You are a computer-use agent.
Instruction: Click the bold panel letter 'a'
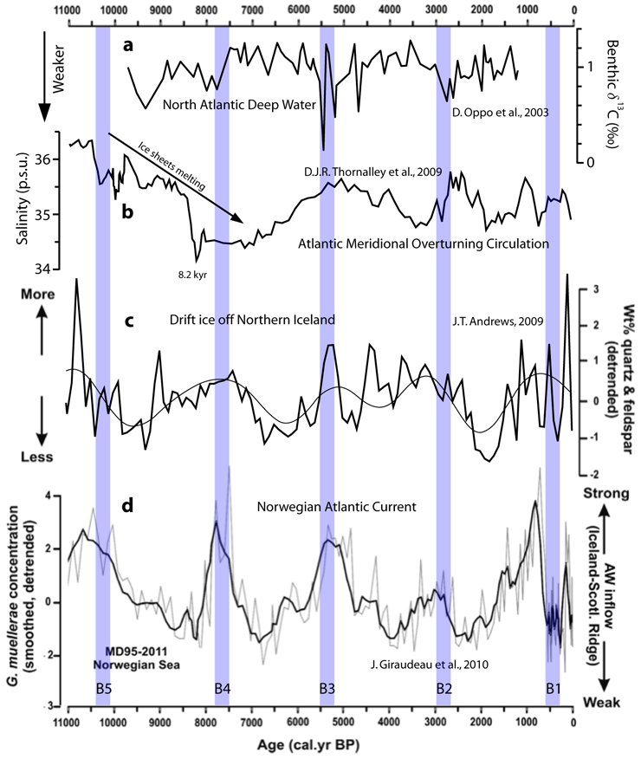(x=127, y=46)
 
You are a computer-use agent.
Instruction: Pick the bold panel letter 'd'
(x=127, y=506)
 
